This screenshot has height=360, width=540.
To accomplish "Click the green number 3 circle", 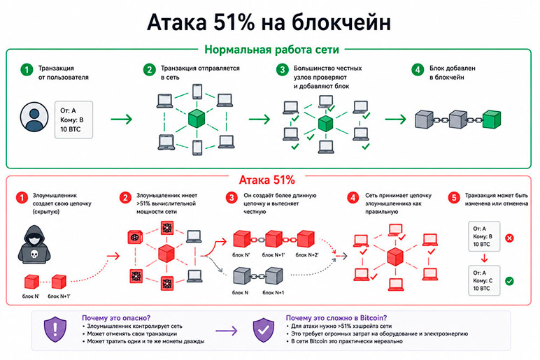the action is [x=283, y=69].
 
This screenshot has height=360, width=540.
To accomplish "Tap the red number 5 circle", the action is [x=454, y=198].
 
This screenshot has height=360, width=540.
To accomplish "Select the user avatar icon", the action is [x=34, y=117].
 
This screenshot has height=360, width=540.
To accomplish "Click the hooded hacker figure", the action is [x=34, y=245].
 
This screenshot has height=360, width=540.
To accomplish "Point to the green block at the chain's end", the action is [x=492, y=119].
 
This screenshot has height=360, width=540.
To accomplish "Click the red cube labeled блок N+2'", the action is [x=306, y=239].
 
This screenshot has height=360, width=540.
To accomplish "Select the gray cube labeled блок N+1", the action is [x=273, y=275].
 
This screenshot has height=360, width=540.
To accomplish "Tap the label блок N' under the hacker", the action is [x=31, y=296].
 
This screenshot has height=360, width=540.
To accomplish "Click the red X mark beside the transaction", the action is [x=509, y=238].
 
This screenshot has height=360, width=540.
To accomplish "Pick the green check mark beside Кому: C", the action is [x=509, y=281].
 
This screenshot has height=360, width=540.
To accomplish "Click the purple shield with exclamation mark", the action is [x=55, y=329].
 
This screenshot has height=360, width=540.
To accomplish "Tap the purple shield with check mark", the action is [x=264, y=329].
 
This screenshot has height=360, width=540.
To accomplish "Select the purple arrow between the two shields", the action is [x=227, y=331].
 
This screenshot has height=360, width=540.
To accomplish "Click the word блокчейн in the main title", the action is [x=341, y=22].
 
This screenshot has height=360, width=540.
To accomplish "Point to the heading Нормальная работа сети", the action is [x=271, y=50].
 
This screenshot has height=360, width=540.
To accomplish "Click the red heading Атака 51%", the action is [x=267, y=180].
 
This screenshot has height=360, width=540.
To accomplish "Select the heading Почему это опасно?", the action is [x=116, y=318].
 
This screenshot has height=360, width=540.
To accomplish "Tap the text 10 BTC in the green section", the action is [x=70, y=129].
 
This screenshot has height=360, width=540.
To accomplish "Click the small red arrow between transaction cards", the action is [x=484, y=258].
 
